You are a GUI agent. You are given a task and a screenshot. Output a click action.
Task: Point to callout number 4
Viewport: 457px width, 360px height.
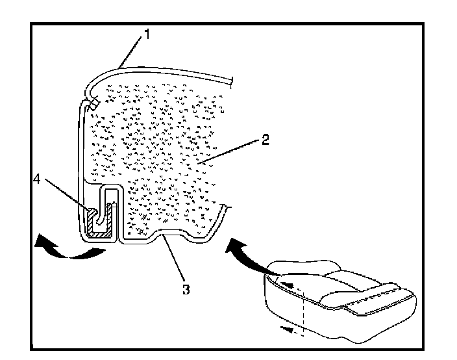[38, 180]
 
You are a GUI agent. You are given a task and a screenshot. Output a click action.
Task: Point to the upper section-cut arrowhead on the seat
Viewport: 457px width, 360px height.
[290, 284]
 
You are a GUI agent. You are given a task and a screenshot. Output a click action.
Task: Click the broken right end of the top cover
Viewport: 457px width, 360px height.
[230, 81]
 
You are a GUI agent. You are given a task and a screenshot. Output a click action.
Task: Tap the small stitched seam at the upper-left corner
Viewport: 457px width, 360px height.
[93, 102]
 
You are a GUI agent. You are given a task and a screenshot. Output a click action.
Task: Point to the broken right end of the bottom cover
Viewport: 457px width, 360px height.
[226, 207]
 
